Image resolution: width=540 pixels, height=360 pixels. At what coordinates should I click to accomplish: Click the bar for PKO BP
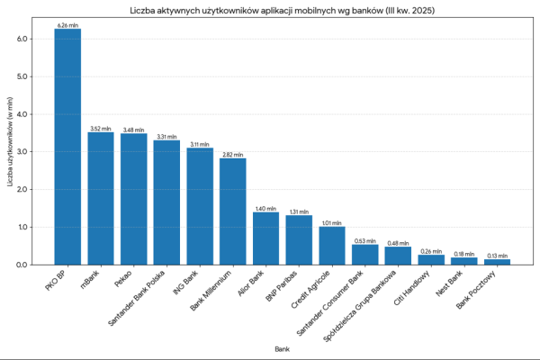(67, 147)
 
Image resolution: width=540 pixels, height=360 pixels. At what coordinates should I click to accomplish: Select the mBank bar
(101, 199)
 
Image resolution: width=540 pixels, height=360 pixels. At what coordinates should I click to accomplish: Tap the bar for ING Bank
(200, 206)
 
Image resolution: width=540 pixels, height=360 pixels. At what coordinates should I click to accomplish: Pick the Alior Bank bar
(265, 238)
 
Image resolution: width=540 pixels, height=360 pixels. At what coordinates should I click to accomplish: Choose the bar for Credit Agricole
(332, 246)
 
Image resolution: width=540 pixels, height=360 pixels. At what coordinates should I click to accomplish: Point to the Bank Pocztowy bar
(497, 261)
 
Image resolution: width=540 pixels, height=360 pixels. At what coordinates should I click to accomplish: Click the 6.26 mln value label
(67, 25)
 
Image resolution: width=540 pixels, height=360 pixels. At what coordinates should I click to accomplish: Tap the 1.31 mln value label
(299, 211)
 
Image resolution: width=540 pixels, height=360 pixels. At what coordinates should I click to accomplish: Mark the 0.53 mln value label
(364, 241)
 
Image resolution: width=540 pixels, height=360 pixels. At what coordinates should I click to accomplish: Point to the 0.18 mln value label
(463, 255)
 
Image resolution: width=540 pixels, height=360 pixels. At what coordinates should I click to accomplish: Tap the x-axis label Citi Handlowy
(415, 286)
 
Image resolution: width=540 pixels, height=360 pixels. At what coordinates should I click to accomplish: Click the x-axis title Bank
(283, 347)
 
